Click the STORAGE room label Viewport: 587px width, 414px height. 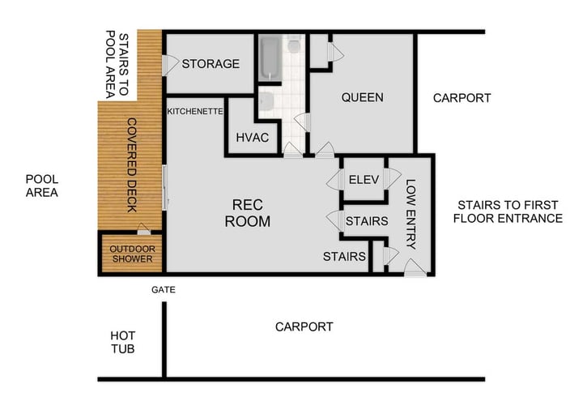pos(211,64)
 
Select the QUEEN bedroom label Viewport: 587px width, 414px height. pos(362,97)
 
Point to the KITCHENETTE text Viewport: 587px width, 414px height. pos(194,112)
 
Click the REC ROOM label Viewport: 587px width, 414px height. pos(247,212)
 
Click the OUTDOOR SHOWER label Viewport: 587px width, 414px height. pos(132,254)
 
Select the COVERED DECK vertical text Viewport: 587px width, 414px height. pos(132,165)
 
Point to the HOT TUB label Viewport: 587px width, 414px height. pos(123,343)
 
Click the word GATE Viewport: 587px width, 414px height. pos(163,288)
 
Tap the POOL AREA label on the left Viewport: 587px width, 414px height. pos(42,186)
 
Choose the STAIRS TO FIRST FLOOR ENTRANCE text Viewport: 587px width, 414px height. pos(508,211)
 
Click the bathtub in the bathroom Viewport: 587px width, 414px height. pos(270,58)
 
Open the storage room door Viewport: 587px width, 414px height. pos(171,64)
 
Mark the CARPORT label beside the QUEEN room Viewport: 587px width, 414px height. pos(462,98)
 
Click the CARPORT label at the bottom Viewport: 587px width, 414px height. pos(304,327)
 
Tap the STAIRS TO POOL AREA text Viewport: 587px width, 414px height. pos(117,65)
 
